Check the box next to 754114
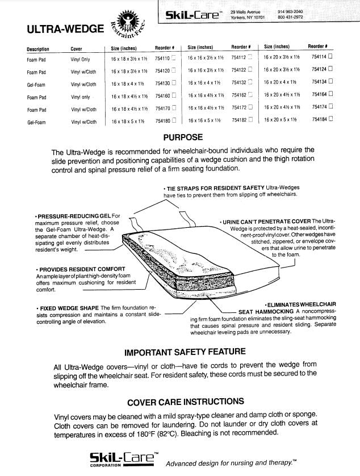[x=330, y=58]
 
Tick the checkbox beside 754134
[x=330, y=83]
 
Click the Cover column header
[x=77, y=49]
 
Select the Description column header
[x=38, y=49]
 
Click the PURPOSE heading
[x=182, y=137]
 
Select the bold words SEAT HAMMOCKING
[x=266, y=312]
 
